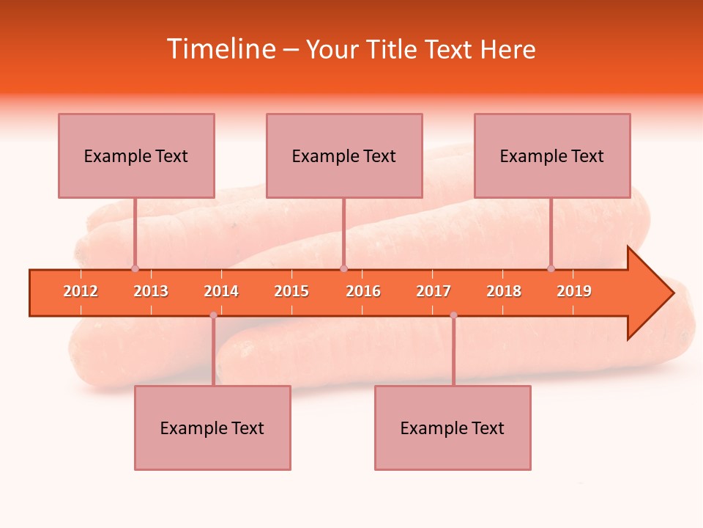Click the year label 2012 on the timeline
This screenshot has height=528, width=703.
pyautogui.click(x=81, y=291)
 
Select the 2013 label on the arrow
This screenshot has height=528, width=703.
pyautogui.click(x=151, y=291)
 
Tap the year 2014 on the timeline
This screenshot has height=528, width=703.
pyautogui.click(x=221, y=291)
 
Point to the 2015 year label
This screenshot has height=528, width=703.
pyautogui.click(x=291, y=291)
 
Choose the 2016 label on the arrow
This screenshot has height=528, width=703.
pyautogui.click(x=363, y=291)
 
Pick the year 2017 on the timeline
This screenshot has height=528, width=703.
pyautogui.click(x=434, y=291)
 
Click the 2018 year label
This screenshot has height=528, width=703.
pyautogui.click(x=504, y=291)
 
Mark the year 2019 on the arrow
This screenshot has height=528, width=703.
pyautogui.click(x=574, y=291)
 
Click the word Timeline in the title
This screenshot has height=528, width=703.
pyautogui.click(x=220, y=49)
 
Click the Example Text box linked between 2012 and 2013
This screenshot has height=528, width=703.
pyautogui.click(x=136, y=155)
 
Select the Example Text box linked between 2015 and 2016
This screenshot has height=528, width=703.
pyautogui.click(x=344, y=155)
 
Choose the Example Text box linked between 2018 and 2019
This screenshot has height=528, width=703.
pyautogui.click(x=552, y=155)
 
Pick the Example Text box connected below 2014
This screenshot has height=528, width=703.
pyautogui.click(x=212, y=428)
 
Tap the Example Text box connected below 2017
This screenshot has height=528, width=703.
pyautogui.click(x=453, y=428)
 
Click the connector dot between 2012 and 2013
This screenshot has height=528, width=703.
pyautogui.click(x=135, y=268)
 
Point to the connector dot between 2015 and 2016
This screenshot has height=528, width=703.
pyautogui.click(x=343, y=268)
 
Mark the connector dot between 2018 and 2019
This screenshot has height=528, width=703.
pyautogui.click(x=551, y=268)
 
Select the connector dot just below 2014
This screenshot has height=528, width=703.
pyautogui.click(x=213, y=315)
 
